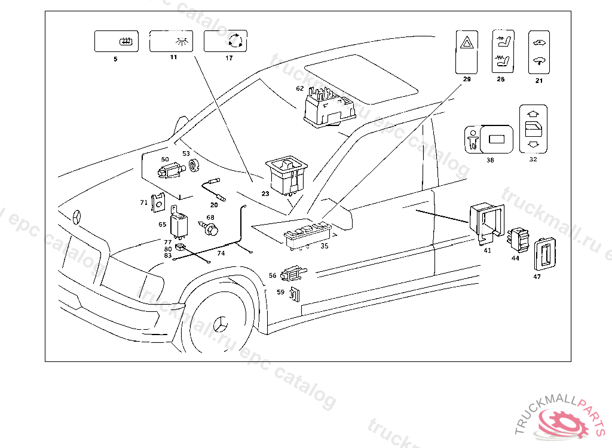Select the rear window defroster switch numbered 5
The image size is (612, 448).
point(117,41)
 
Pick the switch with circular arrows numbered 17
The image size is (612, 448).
point(225,41)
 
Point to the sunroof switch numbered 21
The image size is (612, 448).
point(538,52)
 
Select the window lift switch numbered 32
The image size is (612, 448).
point(534,129)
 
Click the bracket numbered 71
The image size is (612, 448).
point(158,202)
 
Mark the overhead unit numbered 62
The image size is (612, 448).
point(328,107)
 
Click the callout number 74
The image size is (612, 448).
point(221,253)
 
